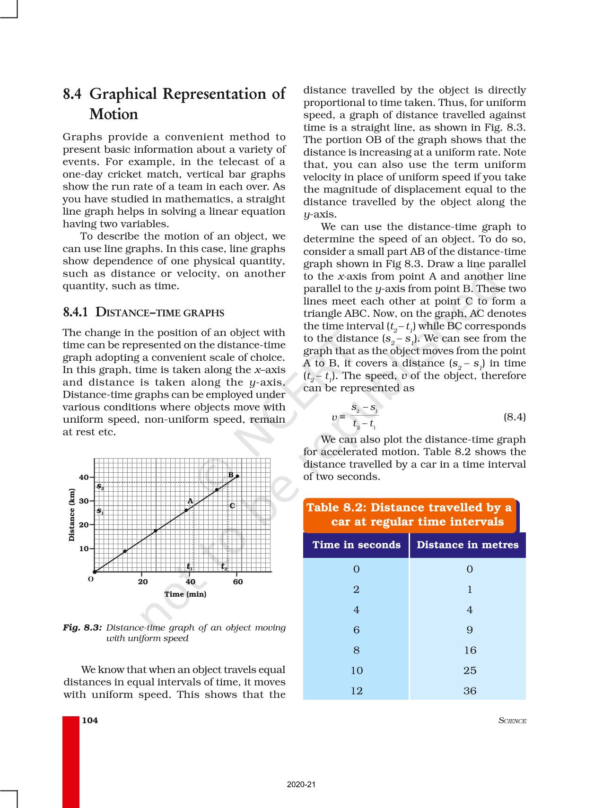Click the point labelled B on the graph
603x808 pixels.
pos(237,476)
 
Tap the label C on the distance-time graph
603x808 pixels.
pos(232,505)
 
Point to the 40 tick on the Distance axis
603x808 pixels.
pos(84,478)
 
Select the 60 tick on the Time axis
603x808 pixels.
pos(238,582)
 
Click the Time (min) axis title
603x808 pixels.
pos(185,594)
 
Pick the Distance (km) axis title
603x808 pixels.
pos(72,515)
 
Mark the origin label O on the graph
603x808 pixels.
pos(91,579)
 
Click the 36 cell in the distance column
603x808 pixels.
pos(470,691)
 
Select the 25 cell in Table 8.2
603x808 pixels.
pos(470,670)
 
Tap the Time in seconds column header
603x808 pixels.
pos(356,545)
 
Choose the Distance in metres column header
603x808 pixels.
pos(467,545)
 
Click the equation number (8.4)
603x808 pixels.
pos(514,417)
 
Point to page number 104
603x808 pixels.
pos(90,720)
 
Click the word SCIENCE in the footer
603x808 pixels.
pos(512,721)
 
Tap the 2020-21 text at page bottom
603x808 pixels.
pos(301,784)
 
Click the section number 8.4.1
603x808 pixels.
pos(76,313)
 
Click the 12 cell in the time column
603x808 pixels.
pos(357,691)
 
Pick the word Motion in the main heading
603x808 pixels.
pos(114,114)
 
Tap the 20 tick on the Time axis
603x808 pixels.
pos(143,582)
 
